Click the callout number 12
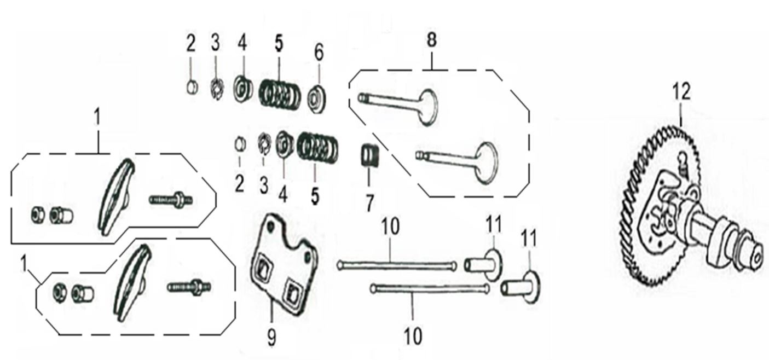681,92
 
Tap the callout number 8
431,39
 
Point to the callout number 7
369,203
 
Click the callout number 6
319,53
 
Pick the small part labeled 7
370,156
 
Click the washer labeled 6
316,100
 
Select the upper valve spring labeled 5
280,94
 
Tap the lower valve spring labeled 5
317,148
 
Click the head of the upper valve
429,107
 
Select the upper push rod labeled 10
397,266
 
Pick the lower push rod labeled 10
430,288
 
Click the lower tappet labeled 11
520,287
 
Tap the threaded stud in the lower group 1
189,287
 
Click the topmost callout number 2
191,44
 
